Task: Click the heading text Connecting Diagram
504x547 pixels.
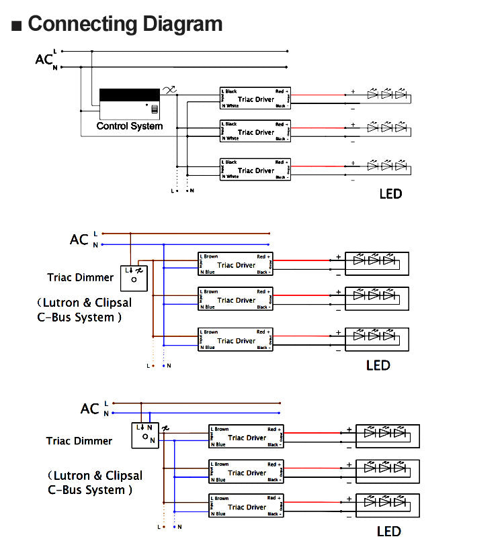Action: tap(125, 24)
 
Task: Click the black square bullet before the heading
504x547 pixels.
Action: tap(17, 26)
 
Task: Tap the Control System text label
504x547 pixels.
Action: tap(130, 126)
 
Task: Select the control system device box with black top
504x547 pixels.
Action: tap(130, 104)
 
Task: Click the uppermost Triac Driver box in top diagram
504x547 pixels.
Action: tap(255, 99)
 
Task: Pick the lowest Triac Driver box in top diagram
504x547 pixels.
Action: tap(255, 170)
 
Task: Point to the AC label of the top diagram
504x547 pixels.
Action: tap(44, 60)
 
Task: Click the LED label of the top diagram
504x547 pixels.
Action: tap(390, 194)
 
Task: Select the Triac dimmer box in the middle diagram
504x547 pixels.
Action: tap(134, 275)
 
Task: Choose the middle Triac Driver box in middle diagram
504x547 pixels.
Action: tap(236, 300)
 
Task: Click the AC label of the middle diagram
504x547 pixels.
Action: tap(79, 240)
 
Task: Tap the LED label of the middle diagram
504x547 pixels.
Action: tap(378, 366)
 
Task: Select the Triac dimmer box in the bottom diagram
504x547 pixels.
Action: tap(144, 435)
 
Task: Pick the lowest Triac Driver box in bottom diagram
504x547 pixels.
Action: tap(247, 507)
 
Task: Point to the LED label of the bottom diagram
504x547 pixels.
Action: tap(388, 532)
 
